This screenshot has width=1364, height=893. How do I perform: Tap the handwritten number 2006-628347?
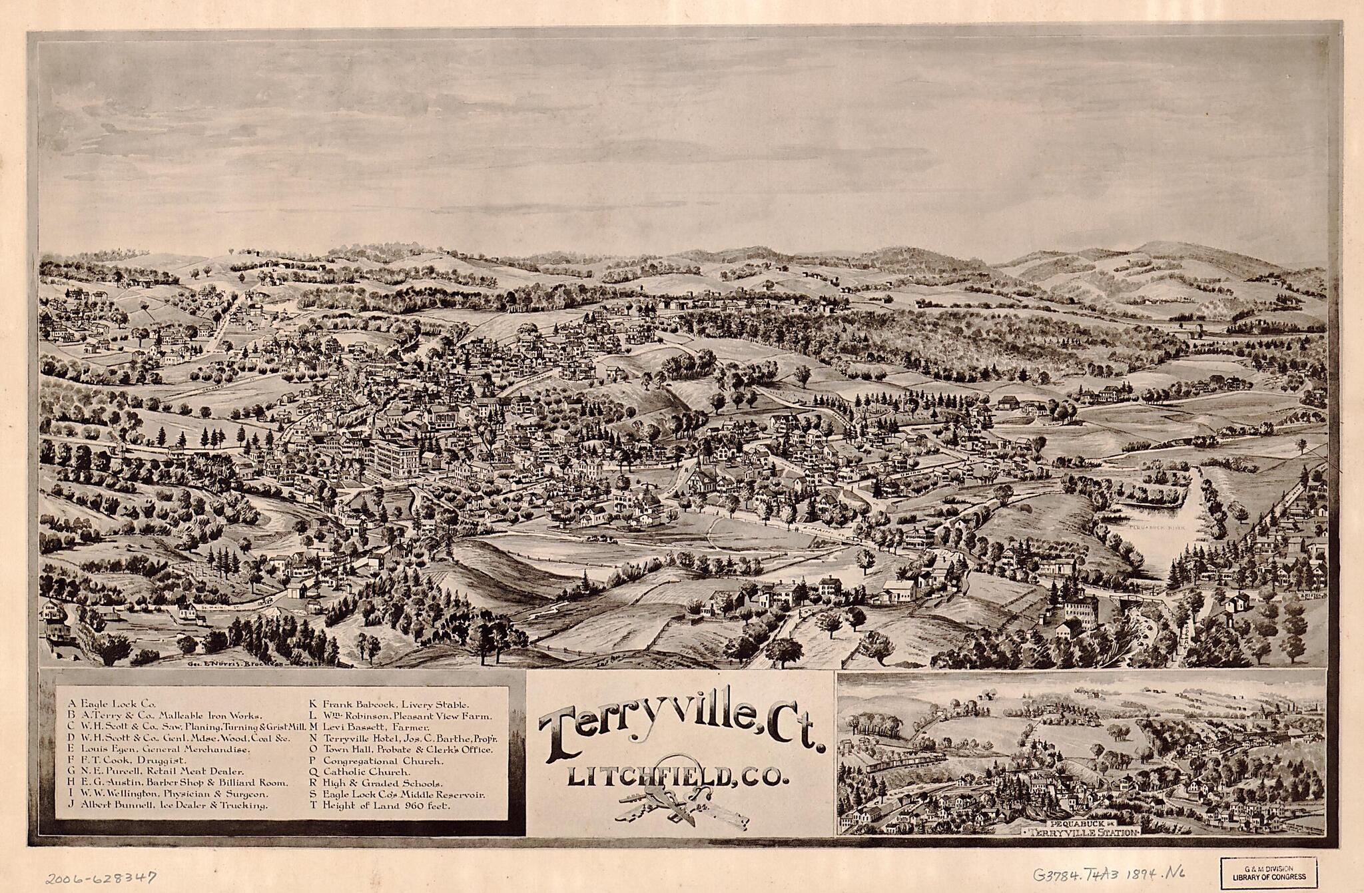tap(100, 877)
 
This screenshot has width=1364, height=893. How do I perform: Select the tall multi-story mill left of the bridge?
tap(1082, 611)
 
